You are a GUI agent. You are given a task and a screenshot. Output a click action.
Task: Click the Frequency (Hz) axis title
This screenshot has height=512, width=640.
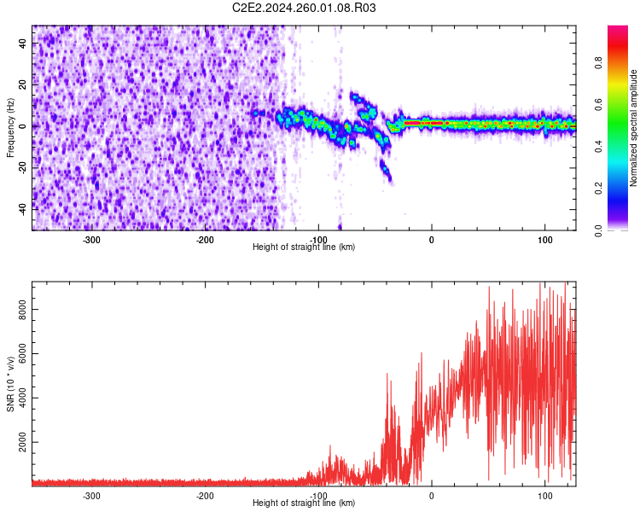tap(10, 128)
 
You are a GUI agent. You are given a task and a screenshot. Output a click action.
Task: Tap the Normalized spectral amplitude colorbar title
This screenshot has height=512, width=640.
tap(633, 128)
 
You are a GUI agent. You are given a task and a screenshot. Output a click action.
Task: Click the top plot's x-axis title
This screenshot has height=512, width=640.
tap(304, 247)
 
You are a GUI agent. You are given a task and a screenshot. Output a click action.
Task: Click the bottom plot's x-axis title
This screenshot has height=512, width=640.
tap(304, 503)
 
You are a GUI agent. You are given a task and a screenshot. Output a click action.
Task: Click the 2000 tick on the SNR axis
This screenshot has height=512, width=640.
tap(19, 445)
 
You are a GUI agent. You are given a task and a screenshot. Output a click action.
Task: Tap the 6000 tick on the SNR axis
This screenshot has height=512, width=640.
tap(19, 358)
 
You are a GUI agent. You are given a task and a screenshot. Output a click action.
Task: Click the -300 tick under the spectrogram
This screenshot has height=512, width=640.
tap(91, 239)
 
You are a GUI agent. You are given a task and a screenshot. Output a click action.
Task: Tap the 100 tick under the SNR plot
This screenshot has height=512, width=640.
tap(545, 495)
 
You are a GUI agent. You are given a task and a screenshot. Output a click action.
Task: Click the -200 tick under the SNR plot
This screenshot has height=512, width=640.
tap(205, 495)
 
